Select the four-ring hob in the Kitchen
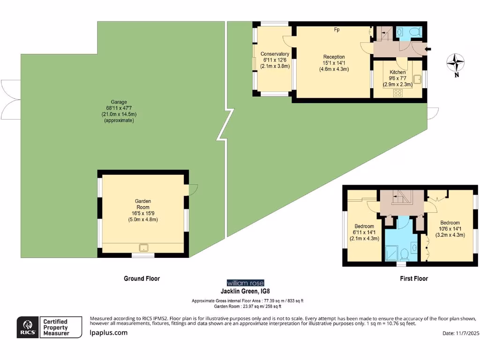point(398,92)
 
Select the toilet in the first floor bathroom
point(404,254)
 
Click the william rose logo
point(245,283)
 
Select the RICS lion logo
point(28,327)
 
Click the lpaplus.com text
point(108,333)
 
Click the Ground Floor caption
point(142,278)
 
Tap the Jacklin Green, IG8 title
point(245,291)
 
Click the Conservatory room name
point(275,54)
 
